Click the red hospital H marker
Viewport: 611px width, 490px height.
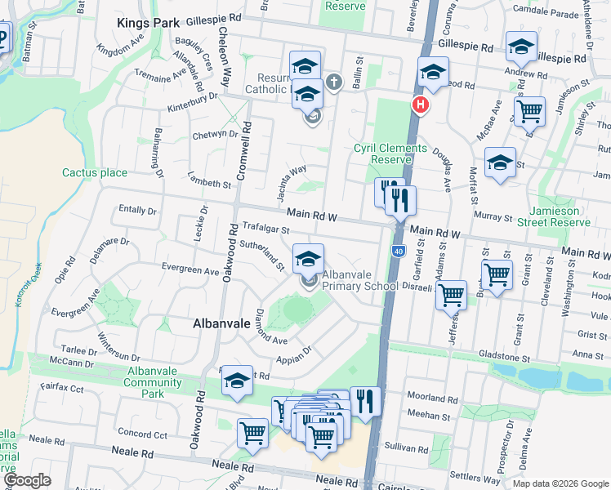coord(420,105)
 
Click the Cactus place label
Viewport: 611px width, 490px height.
coord(95,172)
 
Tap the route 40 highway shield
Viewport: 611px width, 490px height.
coord(397,251)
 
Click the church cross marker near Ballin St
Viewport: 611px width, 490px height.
coord(332,82)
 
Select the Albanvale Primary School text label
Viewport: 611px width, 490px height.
coord(360,280)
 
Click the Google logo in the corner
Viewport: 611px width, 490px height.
coord(27,480)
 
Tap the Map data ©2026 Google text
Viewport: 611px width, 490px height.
coord(560,483)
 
